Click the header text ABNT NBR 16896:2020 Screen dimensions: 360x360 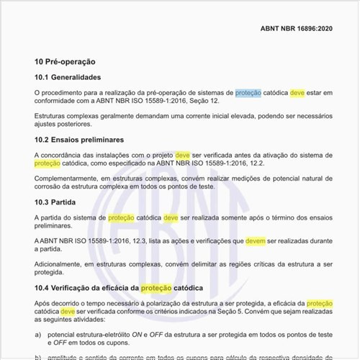(x=296, y=30)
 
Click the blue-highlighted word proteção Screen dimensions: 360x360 (x=248, y=93)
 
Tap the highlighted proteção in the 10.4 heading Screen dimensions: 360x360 (x=157, y=288)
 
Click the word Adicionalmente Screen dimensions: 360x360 (x=61, y=264)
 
